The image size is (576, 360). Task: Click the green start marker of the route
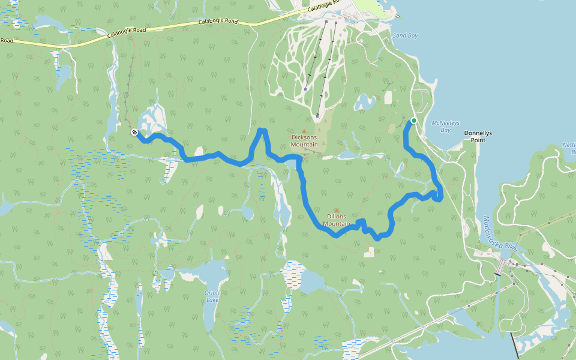[x=413, y=121]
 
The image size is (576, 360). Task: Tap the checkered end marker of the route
[x=134, y=132]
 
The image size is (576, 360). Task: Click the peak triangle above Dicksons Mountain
[x=304, y=131]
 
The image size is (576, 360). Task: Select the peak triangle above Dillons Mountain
[x=336, y=210]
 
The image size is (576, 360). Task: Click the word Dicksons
[x=304, y=137]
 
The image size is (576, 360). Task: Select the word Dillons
[x=337, y=217]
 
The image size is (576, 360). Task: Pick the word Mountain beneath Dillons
[x=337, y=224]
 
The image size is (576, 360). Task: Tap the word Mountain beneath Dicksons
[x=304, y=145]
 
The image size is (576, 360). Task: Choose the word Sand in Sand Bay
[x=399, y=36]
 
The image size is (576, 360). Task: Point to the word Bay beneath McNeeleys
[x=445, y=130]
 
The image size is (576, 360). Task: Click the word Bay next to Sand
[x=412, y=36]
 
